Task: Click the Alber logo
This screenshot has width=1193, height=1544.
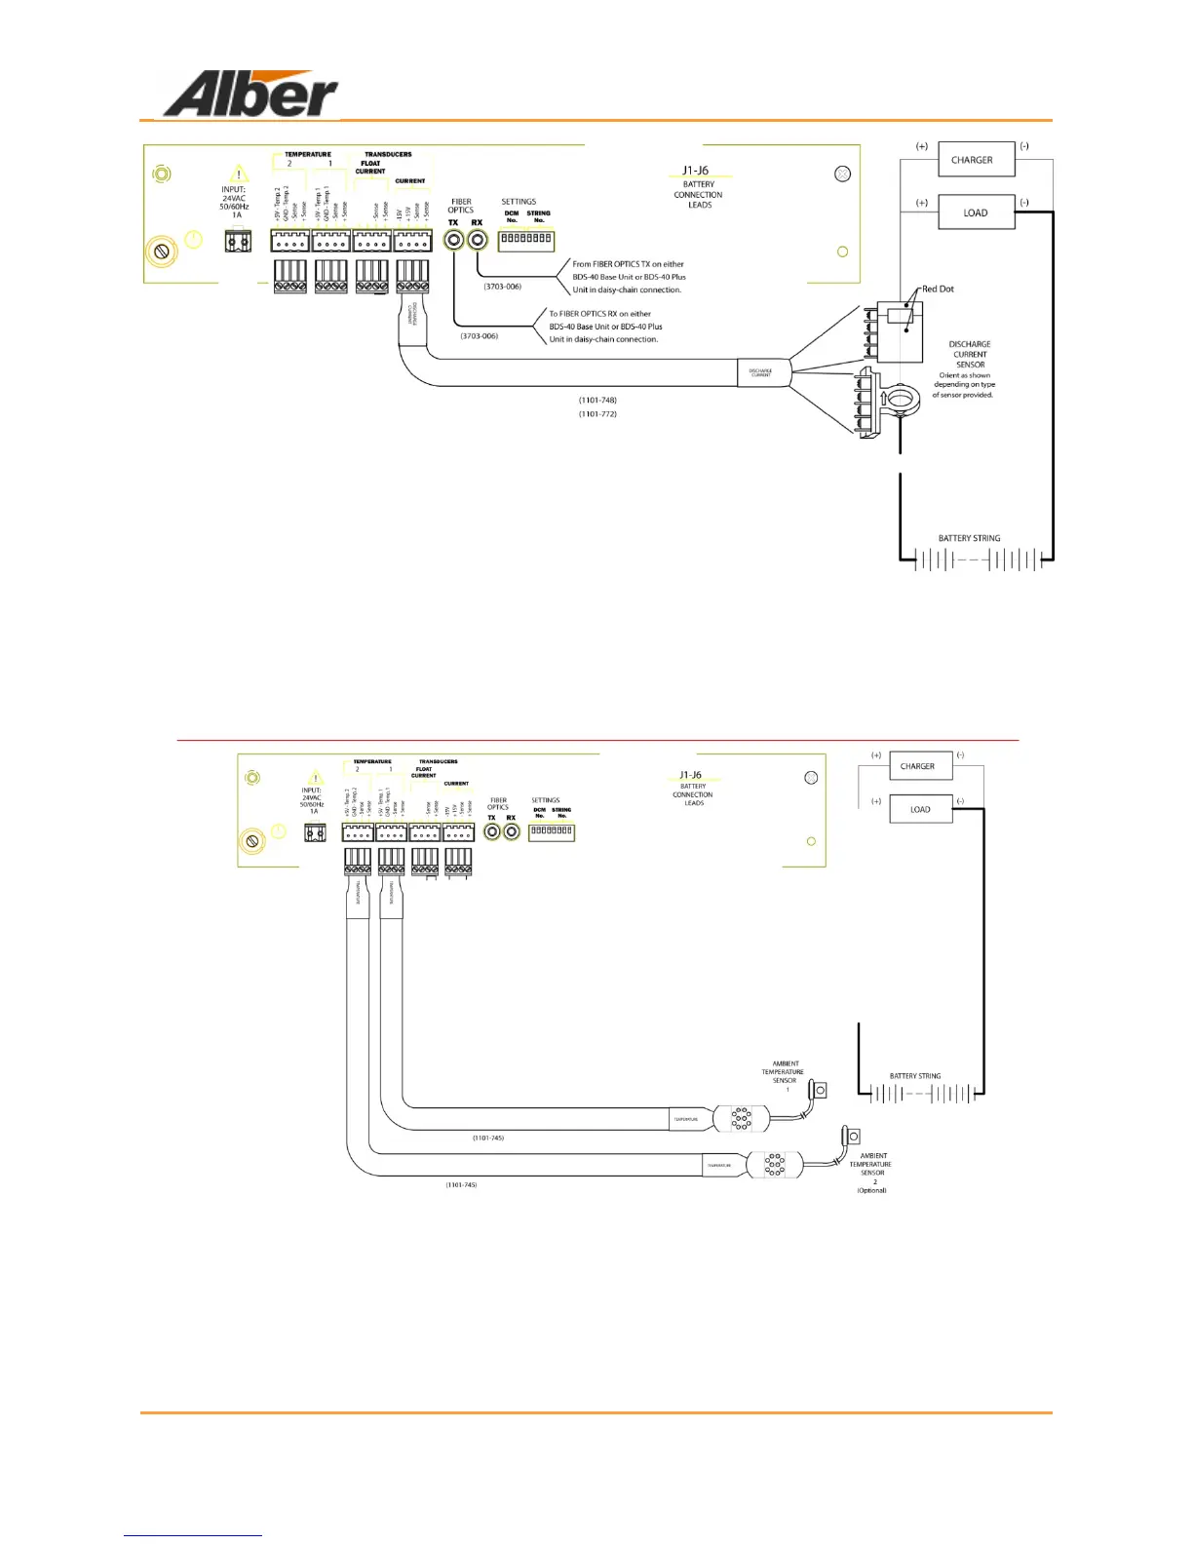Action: [250, 96]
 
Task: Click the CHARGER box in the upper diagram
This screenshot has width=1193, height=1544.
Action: [976, 160]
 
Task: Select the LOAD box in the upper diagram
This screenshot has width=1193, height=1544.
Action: [976, 212]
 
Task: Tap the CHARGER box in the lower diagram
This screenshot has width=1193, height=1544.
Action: [920, 766]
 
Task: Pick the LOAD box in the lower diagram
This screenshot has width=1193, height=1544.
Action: [920, 809]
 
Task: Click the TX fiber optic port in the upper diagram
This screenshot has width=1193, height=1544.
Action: [454, 239]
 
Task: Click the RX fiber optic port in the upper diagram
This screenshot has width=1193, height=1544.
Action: [477, 239]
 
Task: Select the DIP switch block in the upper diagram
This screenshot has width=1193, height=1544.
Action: [526, 239]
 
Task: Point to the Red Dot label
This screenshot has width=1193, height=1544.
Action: [938, 289]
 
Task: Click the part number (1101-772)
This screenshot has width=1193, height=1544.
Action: [597, 414]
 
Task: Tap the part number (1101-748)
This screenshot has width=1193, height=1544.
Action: [597, 401]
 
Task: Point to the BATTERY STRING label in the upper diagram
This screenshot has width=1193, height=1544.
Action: [969, 538]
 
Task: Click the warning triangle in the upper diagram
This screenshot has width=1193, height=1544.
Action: [239, 174]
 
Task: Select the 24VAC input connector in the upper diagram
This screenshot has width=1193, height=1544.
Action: [238, 240]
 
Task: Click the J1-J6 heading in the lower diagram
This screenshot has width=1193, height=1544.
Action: [690, 775]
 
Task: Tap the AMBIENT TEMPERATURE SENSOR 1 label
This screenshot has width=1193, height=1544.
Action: [785, 1072]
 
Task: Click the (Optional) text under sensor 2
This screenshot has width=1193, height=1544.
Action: [871, 1190]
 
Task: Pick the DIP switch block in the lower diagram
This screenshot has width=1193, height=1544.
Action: [552, 831]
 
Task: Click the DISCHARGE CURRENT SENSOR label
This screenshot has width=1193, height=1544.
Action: [970, 354]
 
